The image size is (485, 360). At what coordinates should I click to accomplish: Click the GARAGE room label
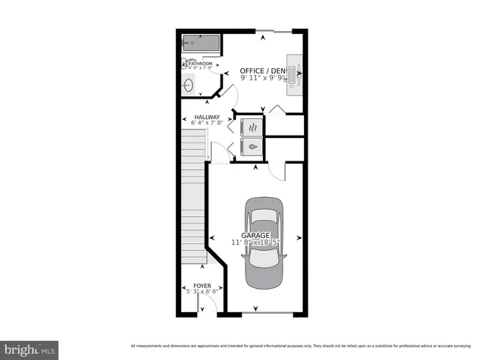point(255,236)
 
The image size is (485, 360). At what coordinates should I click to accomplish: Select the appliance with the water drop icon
point(251,148)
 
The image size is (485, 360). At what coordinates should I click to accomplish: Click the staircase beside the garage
point(195,197)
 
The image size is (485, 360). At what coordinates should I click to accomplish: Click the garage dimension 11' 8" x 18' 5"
point(255,243)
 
